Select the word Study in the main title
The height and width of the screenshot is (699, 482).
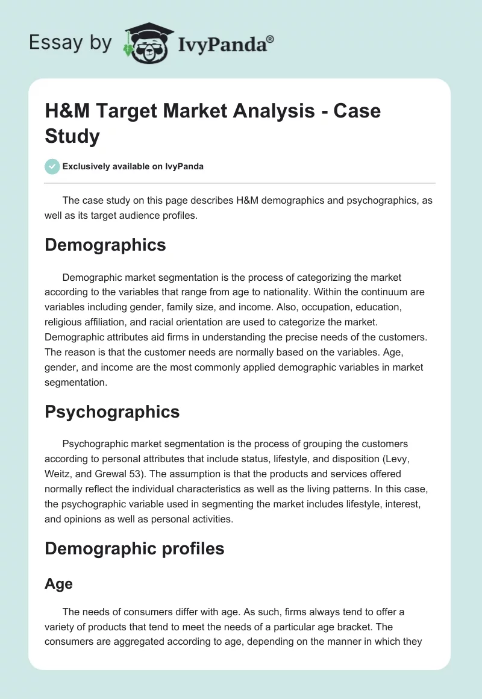[72, 136]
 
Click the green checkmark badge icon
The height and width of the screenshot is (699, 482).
[52, 166]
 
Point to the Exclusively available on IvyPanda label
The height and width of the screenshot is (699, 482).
[133, 167]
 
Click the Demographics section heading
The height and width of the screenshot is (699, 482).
[105, 245]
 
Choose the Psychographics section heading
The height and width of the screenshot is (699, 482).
[112, 412]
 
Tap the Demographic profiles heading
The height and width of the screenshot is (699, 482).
[134, 548]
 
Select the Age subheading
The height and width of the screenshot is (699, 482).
[58, 583]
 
